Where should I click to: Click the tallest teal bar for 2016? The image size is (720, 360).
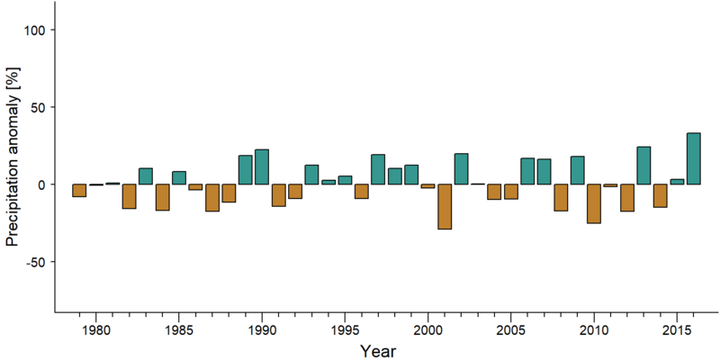[693, 158]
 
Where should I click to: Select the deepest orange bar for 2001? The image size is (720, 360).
[445, 207]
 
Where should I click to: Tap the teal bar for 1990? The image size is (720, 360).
[262, 166]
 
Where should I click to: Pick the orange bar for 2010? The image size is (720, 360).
[594, 204]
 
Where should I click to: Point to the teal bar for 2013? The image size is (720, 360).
[643, 166]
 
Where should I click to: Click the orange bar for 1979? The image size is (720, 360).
[79, 191]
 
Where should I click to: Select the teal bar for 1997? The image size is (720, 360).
[378, 169]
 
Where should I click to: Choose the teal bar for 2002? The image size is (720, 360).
[461, 169]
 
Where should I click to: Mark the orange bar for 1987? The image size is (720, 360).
[212, 198]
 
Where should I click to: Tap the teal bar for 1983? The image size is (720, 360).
[146, 176]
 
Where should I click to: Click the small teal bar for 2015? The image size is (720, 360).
[677, 182]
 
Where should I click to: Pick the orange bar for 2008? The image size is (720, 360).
[561, 197]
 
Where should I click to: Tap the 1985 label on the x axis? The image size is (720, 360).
[179, 330]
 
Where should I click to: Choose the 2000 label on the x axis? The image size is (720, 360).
[428, 330]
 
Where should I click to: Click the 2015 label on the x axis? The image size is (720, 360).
[677, 330]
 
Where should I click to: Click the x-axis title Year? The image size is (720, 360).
[377, 351]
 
